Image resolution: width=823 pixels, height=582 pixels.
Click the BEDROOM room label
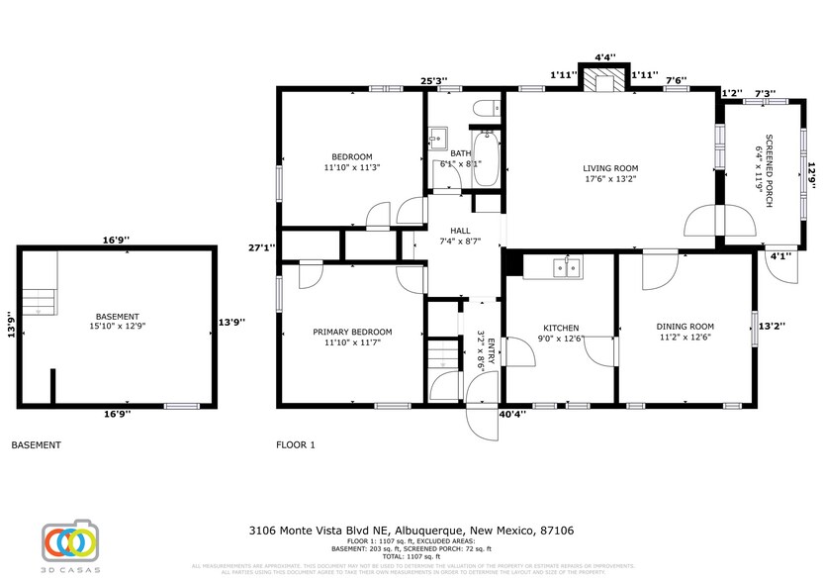coord(351,157)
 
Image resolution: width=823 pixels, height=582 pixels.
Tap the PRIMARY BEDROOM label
coord(352,332)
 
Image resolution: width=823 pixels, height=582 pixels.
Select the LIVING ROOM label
coord(609,168)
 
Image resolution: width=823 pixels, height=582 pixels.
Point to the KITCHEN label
coord(561,329)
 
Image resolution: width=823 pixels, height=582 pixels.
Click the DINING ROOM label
coord(685,327)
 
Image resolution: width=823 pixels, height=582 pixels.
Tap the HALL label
coord(460,231)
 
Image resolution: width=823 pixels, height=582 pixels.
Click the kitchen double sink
coord(567,267)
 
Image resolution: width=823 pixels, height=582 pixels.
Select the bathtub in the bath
coord(486,160)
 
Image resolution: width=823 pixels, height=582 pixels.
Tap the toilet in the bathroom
coord(485,109)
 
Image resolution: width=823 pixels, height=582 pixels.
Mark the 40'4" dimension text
coord(512,415)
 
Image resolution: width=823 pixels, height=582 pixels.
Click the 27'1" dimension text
coord(262,247)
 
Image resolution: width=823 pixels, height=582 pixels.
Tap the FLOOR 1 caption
coord(295,445)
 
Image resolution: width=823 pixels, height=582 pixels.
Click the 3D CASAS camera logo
coord(69,541)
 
